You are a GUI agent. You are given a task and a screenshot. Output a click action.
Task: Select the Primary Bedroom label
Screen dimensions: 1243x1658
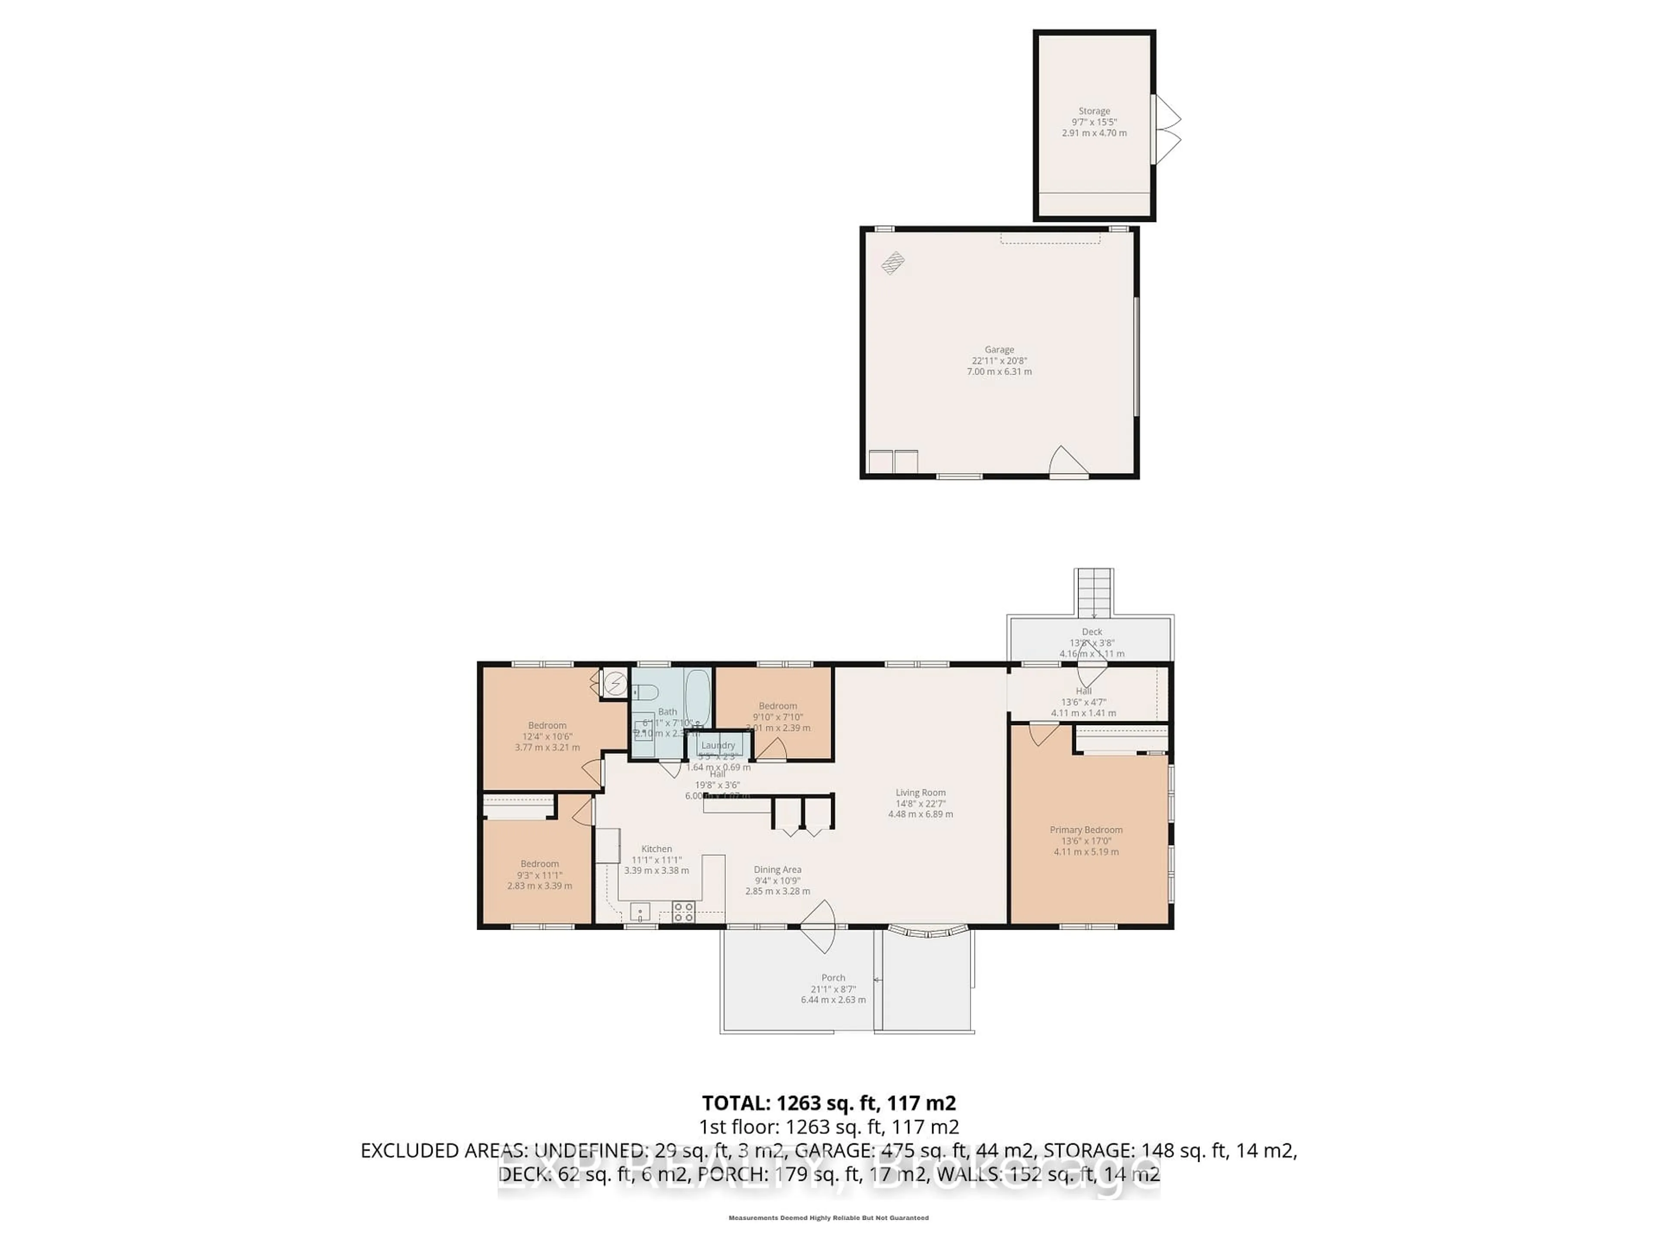[1085, 830]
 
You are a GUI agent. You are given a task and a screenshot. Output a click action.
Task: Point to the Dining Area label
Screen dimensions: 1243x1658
[777, 869]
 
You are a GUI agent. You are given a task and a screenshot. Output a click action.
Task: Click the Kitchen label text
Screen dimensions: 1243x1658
[657, 849]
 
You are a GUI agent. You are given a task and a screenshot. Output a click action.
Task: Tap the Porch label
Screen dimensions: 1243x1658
[833, 978]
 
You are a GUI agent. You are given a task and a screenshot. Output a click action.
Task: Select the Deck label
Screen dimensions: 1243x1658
[1092, 631]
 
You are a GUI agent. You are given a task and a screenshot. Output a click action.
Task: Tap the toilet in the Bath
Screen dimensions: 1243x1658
[646, 691]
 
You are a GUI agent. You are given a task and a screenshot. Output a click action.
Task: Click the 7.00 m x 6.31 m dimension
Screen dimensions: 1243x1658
[999, 372]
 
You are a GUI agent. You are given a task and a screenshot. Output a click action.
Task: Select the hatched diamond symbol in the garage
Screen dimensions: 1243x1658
[893, 263]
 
